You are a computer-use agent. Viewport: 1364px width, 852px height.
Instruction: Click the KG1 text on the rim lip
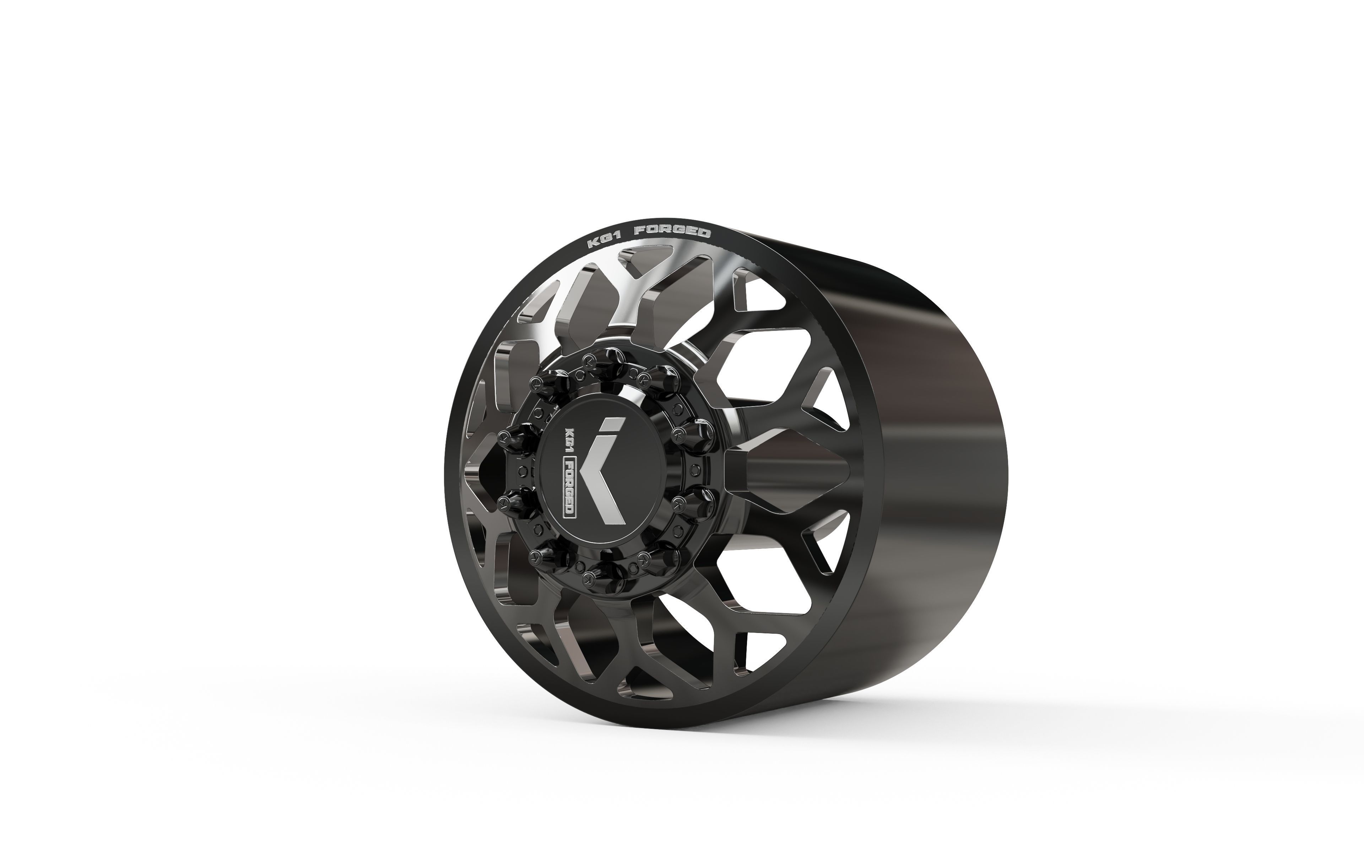604,241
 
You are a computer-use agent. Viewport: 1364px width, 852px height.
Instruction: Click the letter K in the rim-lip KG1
593,244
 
